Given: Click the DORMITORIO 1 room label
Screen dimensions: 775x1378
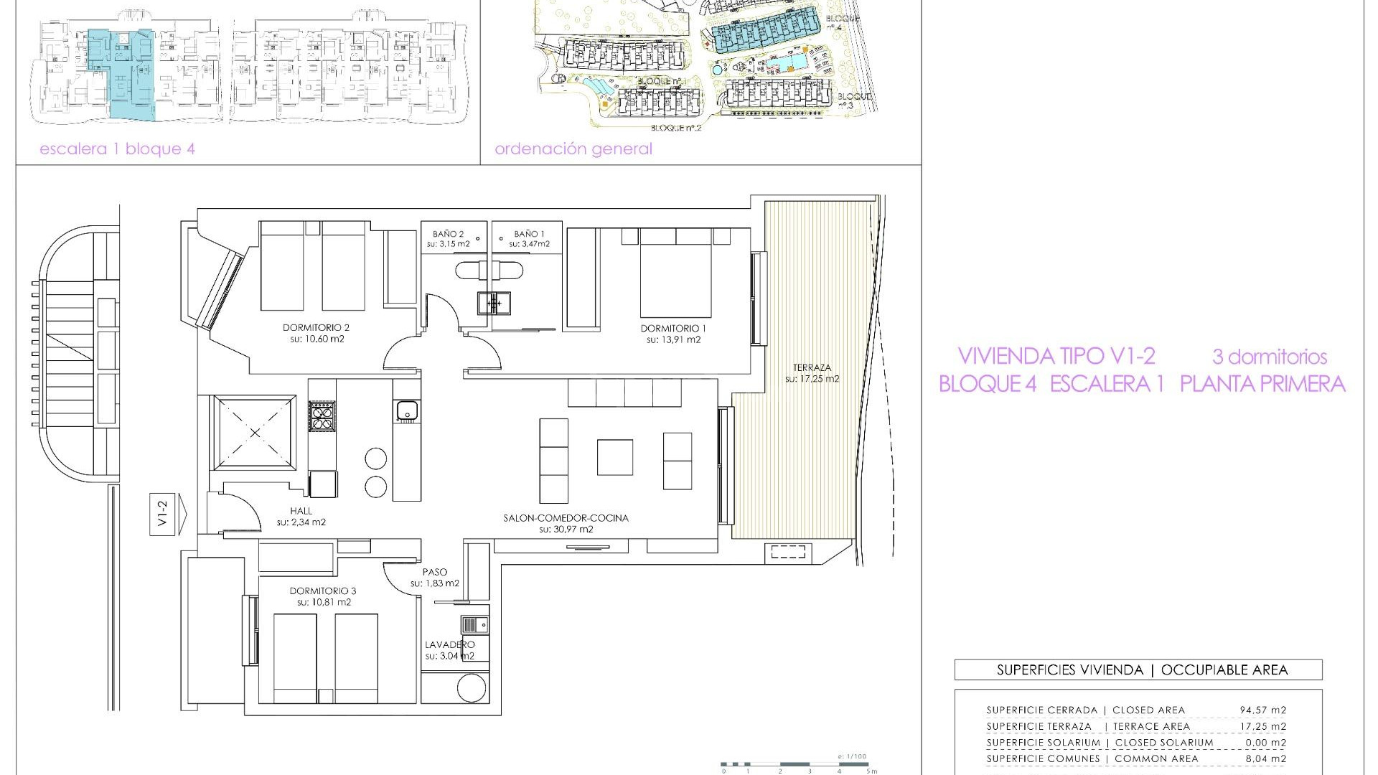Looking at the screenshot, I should [673, 329].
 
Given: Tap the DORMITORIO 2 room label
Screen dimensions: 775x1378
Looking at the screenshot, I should [316, 328].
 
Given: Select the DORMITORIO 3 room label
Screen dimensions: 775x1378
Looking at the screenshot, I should [322, 591].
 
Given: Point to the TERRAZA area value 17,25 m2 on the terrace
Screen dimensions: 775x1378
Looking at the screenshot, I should [812, 379].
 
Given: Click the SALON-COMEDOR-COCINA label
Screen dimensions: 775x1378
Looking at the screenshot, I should [566, 518].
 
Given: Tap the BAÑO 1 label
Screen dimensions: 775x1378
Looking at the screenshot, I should [529, 234].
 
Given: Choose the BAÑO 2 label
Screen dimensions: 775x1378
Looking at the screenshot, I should [448, 234].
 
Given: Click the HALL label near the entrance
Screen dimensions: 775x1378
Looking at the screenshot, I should [301, 511].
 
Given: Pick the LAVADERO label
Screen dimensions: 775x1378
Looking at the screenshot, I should [449, 644].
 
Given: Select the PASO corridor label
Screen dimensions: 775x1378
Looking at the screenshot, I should [434, 572].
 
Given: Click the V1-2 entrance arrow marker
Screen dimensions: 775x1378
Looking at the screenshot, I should [167, 514].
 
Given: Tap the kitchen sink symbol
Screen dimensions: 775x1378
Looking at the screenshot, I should [406, 411].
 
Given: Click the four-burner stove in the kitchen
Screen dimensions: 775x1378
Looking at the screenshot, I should [322, 416].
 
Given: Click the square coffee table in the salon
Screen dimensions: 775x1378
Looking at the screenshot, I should [615, 458].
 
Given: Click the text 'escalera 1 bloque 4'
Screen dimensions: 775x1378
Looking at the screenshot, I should [117, 149].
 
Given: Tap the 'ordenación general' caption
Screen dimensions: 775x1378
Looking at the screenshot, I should [573, 149].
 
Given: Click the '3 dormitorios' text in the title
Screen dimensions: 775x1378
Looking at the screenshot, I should [1269, 357].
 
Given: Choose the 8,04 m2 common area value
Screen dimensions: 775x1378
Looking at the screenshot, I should [1265, 758].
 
